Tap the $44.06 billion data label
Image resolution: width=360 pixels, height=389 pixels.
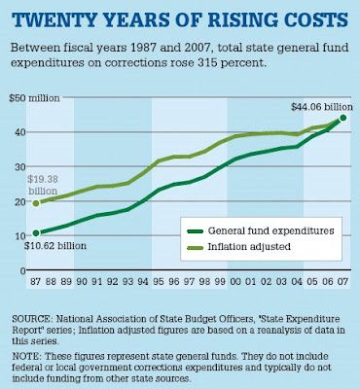point(321,107)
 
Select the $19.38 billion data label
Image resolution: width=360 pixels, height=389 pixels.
point(42,185)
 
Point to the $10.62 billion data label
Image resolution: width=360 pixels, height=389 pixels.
point(55,246)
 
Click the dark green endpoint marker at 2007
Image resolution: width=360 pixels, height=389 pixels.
point(343,118)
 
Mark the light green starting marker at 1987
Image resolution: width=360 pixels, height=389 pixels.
point(36,203)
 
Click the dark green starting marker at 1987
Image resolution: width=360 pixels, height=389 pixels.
point(36,233)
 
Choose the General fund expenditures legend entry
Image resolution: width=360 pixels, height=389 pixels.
point(261,230)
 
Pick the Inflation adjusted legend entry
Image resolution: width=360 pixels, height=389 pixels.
point(238,247)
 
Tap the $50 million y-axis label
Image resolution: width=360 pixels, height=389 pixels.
point(34,98)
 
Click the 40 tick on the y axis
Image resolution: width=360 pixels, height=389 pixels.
point(20,132)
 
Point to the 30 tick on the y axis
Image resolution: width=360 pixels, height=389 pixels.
point(20,166)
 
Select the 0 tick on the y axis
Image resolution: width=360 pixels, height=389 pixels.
point(22,270)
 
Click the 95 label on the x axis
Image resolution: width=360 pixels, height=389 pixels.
point(158,282)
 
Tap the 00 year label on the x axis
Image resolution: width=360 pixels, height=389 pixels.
point(235,282)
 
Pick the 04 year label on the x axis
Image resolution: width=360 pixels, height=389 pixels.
point(297,282)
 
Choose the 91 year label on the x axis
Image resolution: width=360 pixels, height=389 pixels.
point(96,282)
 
